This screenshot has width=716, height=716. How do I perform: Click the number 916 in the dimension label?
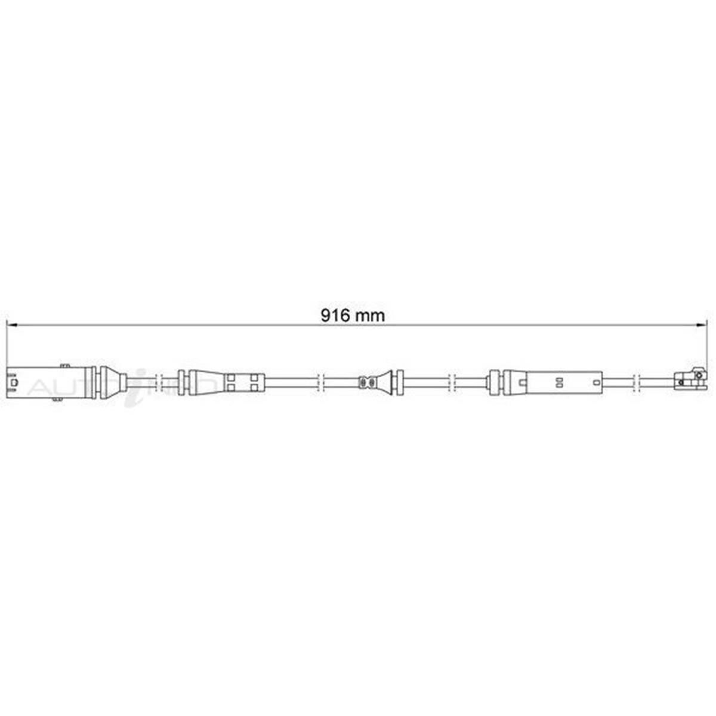tap(335, 315)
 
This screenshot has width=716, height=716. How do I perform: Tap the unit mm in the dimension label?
tap(371, 315)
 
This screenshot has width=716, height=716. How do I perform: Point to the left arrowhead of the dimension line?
tap(10, 326)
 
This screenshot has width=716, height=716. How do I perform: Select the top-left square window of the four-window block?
tap(230, 377)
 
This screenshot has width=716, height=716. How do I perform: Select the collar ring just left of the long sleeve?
tap(493, 382)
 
